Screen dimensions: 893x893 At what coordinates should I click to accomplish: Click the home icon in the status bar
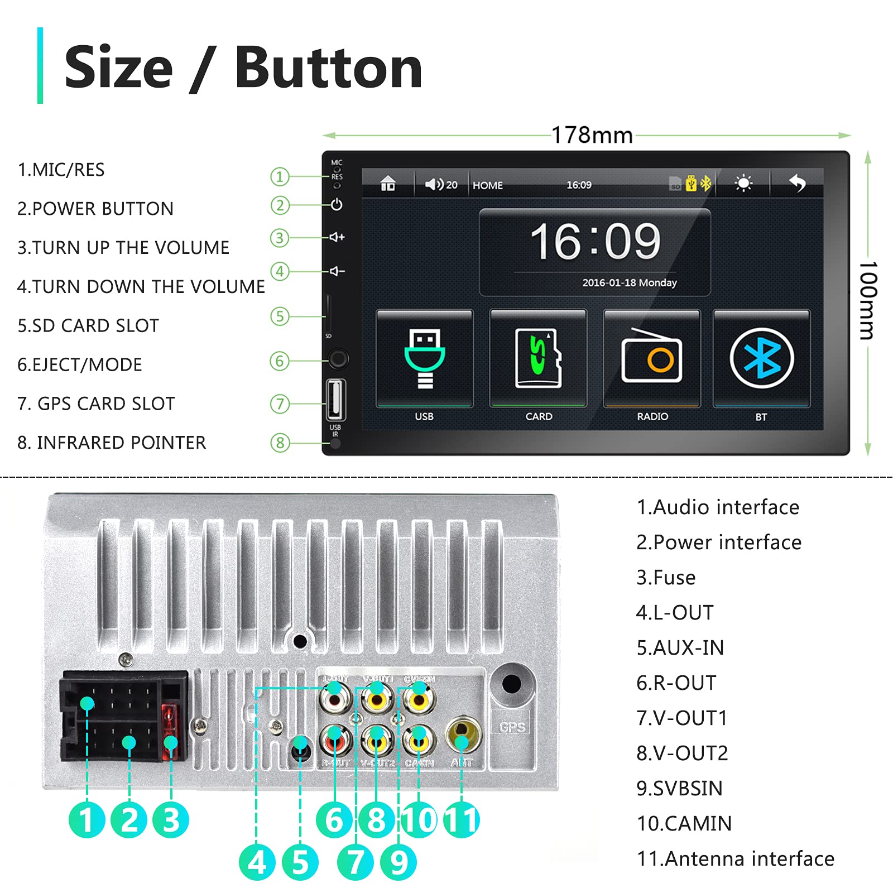(x=388, y=184)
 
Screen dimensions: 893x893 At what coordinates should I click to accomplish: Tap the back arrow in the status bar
(x=798, y=183)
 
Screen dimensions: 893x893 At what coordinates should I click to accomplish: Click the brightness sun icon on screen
(x=743, y=183)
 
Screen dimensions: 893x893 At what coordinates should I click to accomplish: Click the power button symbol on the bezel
(x=337, y=205)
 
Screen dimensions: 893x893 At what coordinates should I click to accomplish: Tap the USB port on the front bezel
(x=335, y=399)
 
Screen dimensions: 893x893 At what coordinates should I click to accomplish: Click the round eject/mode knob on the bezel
(x=338, y=359)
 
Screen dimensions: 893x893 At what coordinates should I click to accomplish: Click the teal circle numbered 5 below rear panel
(x=300, y=862)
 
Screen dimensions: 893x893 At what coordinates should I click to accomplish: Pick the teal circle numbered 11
(x=461, y=820)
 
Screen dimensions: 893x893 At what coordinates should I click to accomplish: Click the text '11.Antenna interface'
(x=735, y=858)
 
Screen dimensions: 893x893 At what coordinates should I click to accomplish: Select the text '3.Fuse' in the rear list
(x=666, y=578)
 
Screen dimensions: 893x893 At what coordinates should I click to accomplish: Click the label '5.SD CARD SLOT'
(x=88, y=325)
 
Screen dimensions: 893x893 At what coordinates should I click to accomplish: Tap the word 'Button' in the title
(x=328, y=68)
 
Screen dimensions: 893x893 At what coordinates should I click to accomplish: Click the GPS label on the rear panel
(x=512, y=727)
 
